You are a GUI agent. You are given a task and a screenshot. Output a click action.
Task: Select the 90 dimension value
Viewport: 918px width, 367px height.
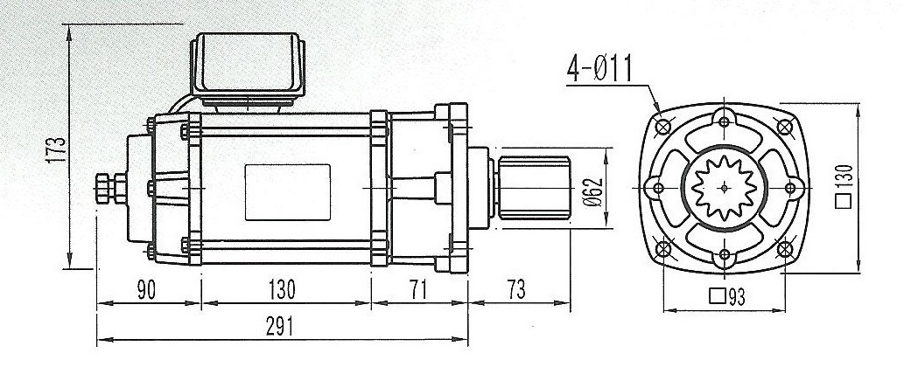click(146, 290)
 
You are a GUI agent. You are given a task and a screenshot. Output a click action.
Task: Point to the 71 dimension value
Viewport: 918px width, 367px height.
click(419, 290)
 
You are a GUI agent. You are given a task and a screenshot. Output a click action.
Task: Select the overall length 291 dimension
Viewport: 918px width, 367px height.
click(277, 326)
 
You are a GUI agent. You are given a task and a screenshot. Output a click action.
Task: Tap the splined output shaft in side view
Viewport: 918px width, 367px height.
click(533, 186)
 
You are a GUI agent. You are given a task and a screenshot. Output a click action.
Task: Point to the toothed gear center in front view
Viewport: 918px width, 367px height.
click(725, 186)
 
